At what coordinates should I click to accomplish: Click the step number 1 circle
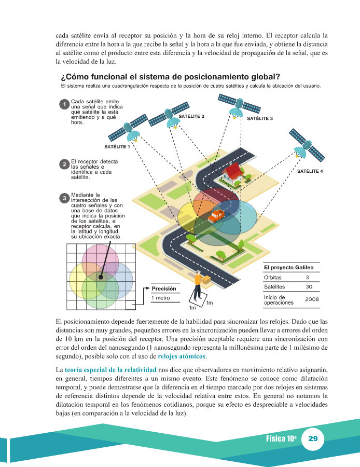coord(64,104)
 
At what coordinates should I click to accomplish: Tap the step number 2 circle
coord(64,164)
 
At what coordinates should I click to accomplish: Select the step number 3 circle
coord(64,198)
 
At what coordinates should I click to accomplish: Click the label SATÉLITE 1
coord(117,147)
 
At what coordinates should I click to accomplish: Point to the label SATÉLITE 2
coord(191,117)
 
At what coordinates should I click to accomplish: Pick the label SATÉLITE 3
coord(260,119)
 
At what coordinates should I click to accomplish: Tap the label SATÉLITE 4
coord(310,171)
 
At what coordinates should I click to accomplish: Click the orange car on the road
coord(215,215)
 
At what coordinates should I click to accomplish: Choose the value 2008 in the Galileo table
coord(312,299)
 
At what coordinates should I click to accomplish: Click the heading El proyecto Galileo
coord(288,268)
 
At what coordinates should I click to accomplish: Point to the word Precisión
coord(164,289)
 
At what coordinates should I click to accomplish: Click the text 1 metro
coord(161,298)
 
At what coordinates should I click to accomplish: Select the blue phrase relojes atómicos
coord(182,356)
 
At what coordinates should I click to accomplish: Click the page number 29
coord(312,438)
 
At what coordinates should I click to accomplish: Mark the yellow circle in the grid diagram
coord(83,283)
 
